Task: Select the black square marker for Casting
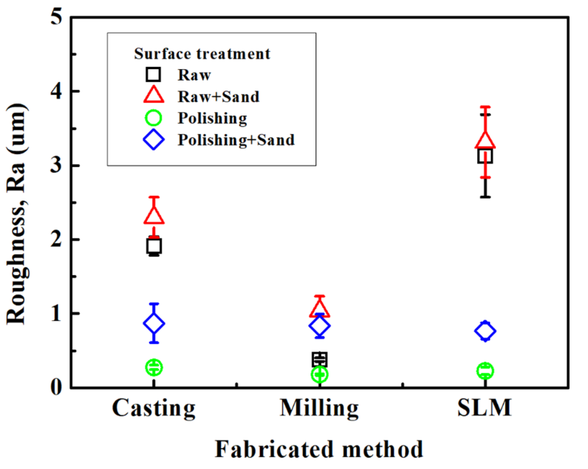[x=154, y=246]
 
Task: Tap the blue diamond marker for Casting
[x=154, y=324]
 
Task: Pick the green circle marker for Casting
[x=154, y=367]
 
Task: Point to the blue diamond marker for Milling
[x=320, y=326]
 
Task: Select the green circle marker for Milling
[x=319, y=374]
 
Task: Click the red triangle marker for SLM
[x=485, y=140]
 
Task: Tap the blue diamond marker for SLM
[x=485, y=331]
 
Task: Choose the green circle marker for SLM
[x=485, y=371]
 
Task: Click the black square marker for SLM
[x=485, y=156]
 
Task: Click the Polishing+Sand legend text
[x=236, y=140]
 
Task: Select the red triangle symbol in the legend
[x=154, y=95]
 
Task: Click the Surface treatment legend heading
[x=202, y=53]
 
